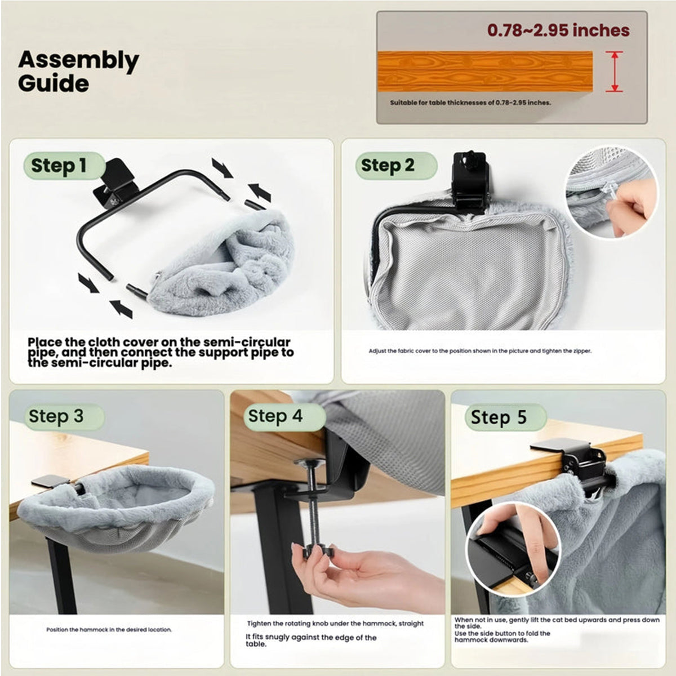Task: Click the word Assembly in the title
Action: click(x=78, y=61)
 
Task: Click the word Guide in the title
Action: click(x=54, y=83)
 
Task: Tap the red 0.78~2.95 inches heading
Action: click(x=558, y=30)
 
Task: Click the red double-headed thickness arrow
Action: click(x=614, y=72)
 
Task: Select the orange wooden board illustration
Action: click(x=485, y=71)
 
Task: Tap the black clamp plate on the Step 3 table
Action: click(x=46, y=481)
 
